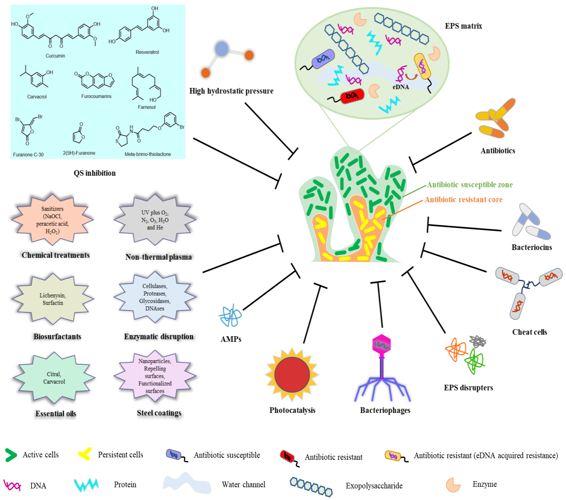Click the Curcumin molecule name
pyautogui.click(x=55, y=56)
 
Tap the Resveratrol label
pyautogui.click(x=147, y=52)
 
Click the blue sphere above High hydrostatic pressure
pyautogui.click(x=222, y=49)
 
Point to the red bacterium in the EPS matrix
pyautogui.click(x=352, y=96)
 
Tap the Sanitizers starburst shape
pyautogui.click(x=52, y=219)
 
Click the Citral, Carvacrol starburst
pyautogui.click(x=54, y=378)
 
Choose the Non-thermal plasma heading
pyautogui.click(x=158, y=257)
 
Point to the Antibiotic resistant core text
pyautogui.click(x=463, y=199)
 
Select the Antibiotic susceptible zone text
pyautogui.click(x=470, y=185)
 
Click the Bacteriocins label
pyautogui.click(x=531, y=247)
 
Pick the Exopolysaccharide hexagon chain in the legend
pyautogui.click(x=311, y=486)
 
